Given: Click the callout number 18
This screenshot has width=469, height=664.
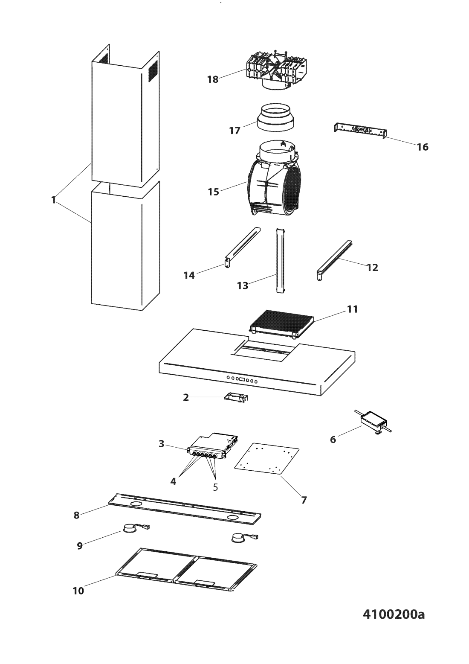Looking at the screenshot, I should click(x=212, y=79).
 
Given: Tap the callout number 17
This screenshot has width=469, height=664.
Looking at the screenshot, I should click(x=235, y=130).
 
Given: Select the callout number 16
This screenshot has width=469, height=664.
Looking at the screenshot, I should click(x=422, y=147).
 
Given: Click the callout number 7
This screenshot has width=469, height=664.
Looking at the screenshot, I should click(x=304, y=500).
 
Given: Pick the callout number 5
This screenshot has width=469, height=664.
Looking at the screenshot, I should click(x=215, y=487).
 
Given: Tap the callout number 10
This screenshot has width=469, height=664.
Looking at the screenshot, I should click(x=78, y=591).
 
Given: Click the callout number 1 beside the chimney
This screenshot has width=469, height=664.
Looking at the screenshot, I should click(x=54, y=200).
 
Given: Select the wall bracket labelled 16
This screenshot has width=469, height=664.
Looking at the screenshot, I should click(x=360, y=129).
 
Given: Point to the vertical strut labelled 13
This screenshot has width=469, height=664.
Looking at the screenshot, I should click(x=280, y=260).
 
